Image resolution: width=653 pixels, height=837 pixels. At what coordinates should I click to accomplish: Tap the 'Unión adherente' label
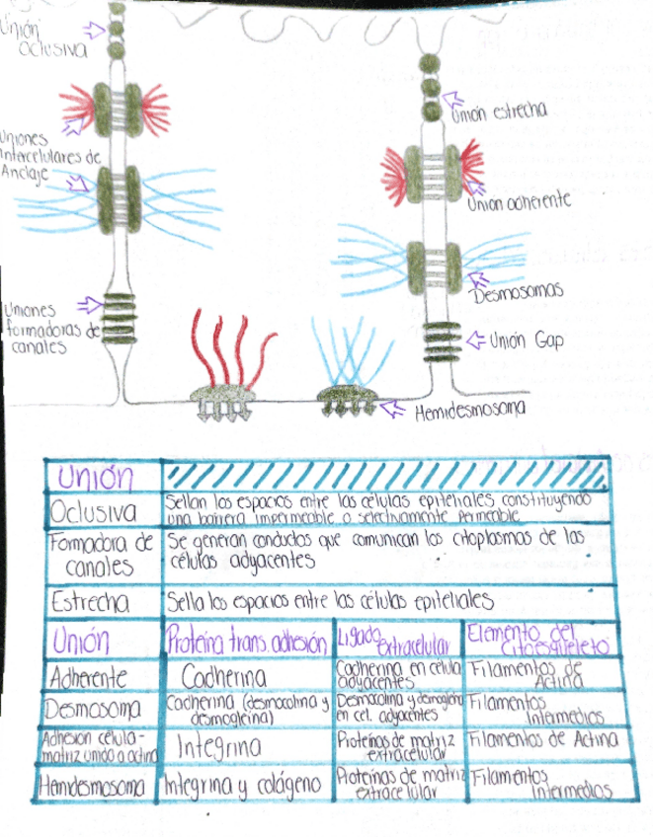pyautogui.click(x=520, y=200)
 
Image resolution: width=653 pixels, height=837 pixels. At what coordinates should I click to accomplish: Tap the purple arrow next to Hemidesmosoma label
pyautogui.click(x=392, y=407)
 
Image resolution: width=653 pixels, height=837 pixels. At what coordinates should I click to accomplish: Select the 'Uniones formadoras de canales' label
pyautogui.click(x=40, y=329)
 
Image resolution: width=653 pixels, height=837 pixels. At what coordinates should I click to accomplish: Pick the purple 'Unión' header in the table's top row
pyautogui.click(x=96, y=478)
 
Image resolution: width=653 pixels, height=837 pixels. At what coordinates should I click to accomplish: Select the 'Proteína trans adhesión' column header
pyautogui.click(x=246, y=644)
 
